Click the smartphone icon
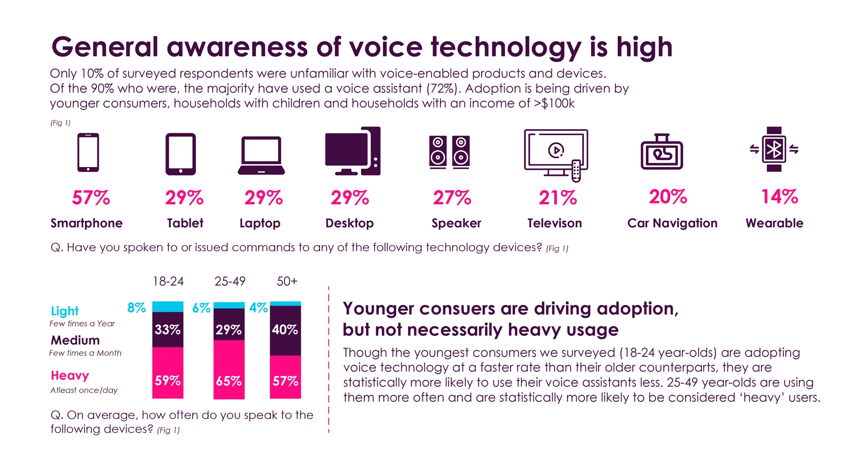click(88, 152)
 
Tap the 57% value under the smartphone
click(91, 198)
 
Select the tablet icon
click(181, 154)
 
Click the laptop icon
click(261, 156)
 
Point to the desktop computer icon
click(352, 151)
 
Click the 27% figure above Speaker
click(452, 198)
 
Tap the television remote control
click(576, 170)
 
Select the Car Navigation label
click(672, 223)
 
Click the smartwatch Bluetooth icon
click(774, 149)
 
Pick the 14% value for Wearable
click(780, 197)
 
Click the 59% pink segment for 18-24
click(167, 380)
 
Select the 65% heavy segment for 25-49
click(229, 381)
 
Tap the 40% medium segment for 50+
click(285, 330)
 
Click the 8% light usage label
click(137, 308)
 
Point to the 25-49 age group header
click(230, 281)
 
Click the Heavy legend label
click(70, 376)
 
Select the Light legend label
click(65, 311)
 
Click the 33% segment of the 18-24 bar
click(167, 330)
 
